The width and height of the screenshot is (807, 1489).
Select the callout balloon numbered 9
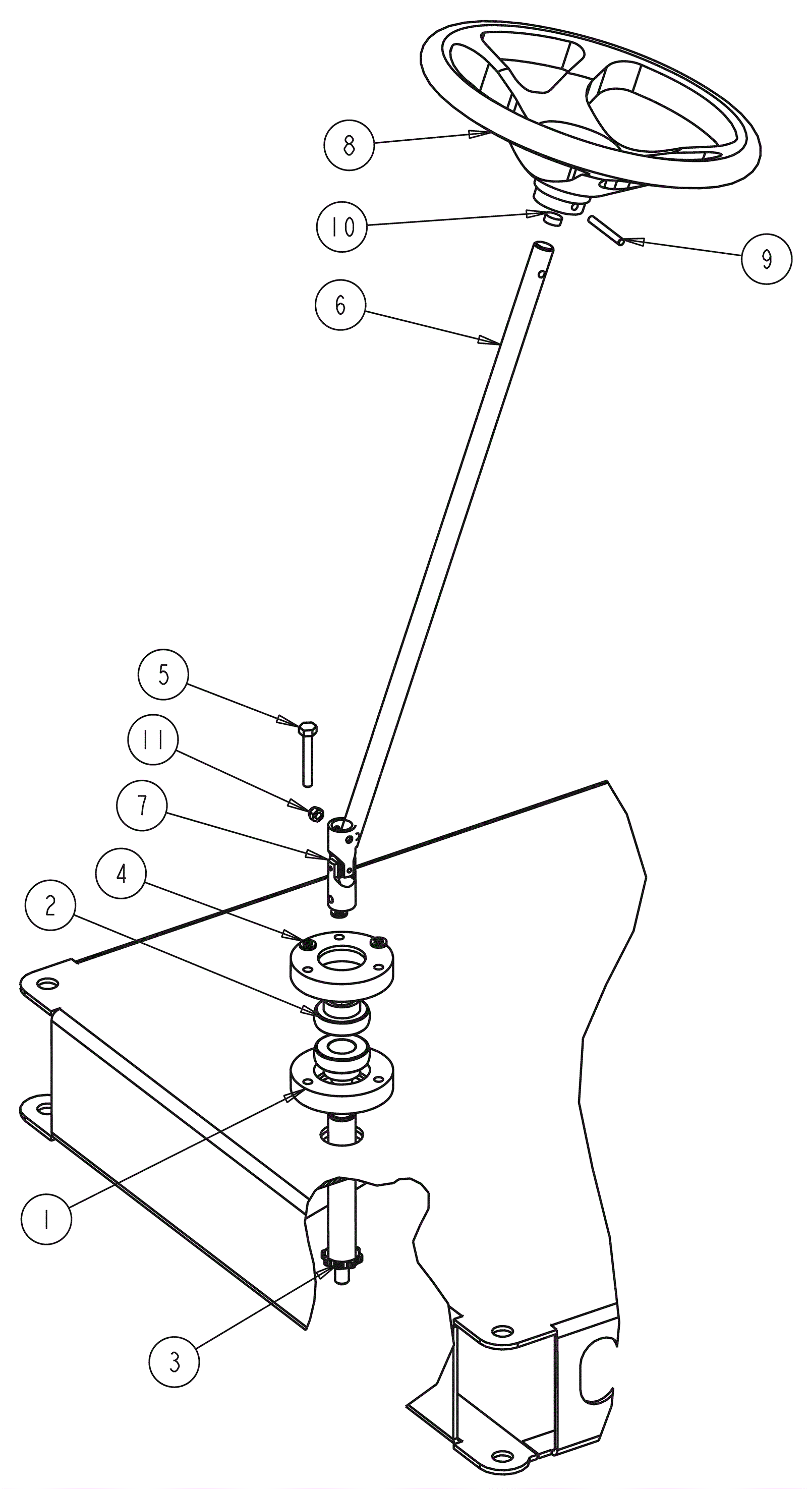pos(767,259)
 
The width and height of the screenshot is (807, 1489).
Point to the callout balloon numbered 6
pos(340,305)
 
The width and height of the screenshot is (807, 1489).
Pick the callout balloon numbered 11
pos(153,740)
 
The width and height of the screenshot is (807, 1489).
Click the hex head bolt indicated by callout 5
pos(308,753)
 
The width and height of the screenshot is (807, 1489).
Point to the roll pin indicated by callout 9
pos(606,231)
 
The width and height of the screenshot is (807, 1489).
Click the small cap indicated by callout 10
pos(553,218)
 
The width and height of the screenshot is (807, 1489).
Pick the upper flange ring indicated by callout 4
pos(341,962)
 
